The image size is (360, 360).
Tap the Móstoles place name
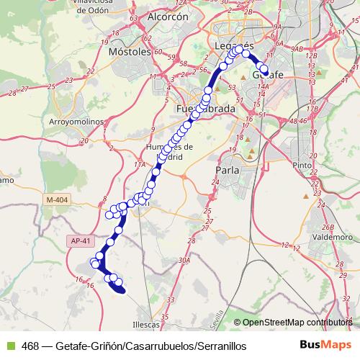(x=129, y=53)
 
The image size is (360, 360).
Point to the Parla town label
(x=228, y=170)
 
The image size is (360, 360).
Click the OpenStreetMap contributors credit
(x=295, y=323)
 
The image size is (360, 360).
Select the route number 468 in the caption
(x=30, y=346)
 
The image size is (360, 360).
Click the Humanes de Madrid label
(x=165, y=152)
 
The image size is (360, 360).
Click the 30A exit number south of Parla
(x=185, y=261)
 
